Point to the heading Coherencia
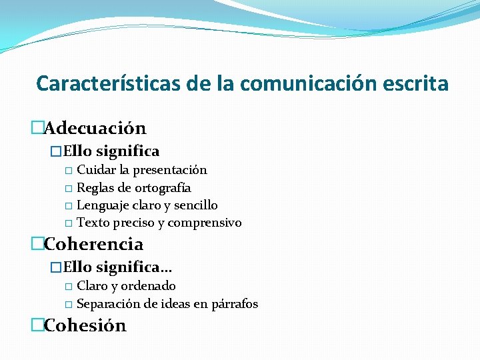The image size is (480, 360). click(93, 244)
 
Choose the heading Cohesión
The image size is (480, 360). click(85, 325)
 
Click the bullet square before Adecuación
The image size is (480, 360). click(38, 127)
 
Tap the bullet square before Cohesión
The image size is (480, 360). click(38, 325)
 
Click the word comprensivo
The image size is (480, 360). click(205, 223)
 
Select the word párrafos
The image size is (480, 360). click(235, 304)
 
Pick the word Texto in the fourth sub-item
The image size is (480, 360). click(93, 223)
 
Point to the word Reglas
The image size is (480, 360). click(95, 188)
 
